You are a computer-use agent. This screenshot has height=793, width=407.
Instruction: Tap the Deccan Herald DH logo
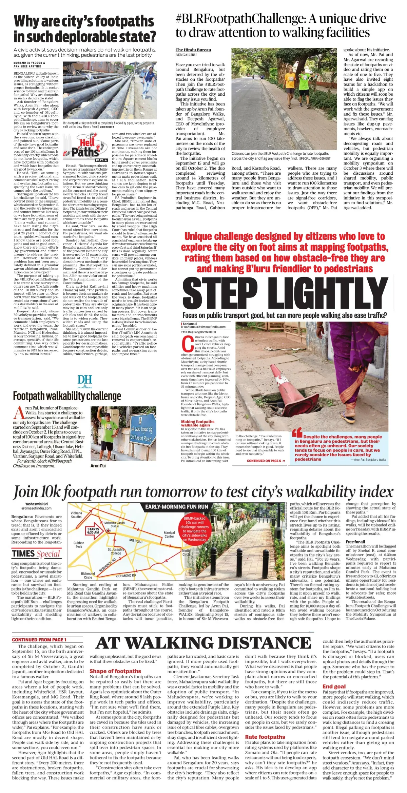[85, 381]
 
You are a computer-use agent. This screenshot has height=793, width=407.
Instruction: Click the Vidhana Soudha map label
[76, 515]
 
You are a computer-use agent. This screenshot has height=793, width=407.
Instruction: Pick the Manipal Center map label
[169, 535]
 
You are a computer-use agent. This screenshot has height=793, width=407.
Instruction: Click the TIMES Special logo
[36, 554]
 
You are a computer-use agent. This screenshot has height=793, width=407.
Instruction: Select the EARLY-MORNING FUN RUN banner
[176, 507]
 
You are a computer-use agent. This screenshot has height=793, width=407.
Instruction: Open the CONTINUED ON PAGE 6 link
[266, 461]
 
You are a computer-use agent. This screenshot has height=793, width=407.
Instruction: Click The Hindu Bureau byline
[193, 50]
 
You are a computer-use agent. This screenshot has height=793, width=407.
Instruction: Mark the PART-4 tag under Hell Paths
[101, 160]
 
